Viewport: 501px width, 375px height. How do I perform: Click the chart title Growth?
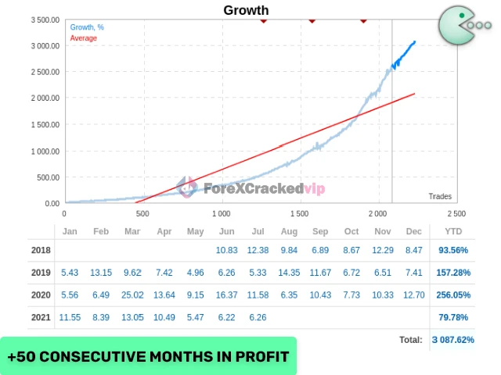[x=246, y=10]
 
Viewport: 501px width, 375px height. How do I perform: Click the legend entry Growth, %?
[x=87, y=27]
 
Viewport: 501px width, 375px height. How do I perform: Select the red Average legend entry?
[x=84, y=37]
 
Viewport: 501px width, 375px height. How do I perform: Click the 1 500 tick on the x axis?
[x=300, y=213]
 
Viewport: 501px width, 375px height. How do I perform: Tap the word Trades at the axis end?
[x=440, y=196]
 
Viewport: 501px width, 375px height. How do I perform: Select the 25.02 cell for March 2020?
[x=132, y=295]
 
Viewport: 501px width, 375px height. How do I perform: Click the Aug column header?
[x=288, y=232]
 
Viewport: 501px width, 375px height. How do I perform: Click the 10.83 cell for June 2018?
[x=226, y=249]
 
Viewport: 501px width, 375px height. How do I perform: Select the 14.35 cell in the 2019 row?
[x=288, y=272]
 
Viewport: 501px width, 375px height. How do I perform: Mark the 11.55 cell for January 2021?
[x=70, y=317]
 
